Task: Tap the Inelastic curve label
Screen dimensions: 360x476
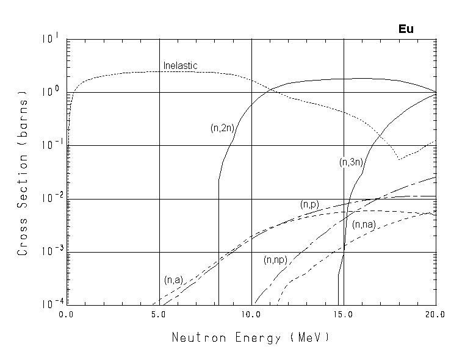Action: click(180, 66)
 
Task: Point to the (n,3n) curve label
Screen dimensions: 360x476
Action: click(352, 163)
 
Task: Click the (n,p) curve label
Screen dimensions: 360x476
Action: click(309, 205)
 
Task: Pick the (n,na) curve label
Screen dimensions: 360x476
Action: click(364, 225)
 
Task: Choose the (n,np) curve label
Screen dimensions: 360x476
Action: click(276, 260)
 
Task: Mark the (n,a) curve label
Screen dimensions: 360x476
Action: click(173, 280)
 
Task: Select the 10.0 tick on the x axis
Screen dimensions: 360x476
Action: click(251, 315)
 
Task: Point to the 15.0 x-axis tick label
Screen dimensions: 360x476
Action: click(344, 315)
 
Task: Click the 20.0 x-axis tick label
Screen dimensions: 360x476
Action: click(436, 315)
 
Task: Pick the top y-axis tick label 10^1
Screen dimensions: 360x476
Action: click(51, 39)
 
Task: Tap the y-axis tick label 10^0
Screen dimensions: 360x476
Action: click(51, 92)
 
